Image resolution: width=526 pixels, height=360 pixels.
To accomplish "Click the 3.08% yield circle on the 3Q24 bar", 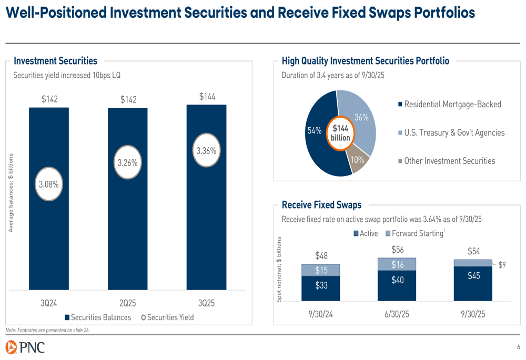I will click(48, 184).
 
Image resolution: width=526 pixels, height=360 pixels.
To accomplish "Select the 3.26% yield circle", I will click(127, 163).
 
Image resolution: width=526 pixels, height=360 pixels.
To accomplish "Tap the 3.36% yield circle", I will click(206, 151).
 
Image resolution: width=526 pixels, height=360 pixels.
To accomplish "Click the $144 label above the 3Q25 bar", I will click(207, 97).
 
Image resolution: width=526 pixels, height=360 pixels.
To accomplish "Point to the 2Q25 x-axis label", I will click(128, 304).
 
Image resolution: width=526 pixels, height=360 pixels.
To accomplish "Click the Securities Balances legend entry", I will click(98, 317).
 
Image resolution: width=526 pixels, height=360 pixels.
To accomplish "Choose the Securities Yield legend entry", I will click(167, 317).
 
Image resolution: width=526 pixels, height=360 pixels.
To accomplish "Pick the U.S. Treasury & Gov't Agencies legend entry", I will click(450, 132).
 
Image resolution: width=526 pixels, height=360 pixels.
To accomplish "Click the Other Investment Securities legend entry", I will click(447, 161).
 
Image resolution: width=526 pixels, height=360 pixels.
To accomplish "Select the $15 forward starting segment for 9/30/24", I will click(321, 270).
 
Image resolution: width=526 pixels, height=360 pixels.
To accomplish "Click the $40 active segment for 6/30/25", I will click(398, 281).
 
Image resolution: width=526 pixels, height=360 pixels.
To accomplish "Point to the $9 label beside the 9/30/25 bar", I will click(502, 265).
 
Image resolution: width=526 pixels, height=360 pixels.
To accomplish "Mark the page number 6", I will click(518, 347).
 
